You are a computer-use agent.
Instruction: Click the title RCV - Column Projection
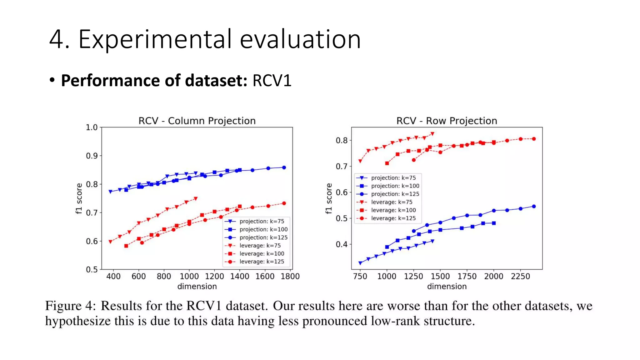[197, 121]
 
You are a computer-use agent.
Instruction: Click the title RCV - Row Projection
[447, 121]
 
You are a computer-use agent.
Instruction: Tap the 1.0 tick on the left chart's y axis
[92, 127]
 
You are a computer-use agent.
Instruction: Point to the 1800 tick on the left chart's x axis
[290, 276]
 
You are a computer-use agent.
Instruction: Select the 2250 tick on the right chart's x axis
[520, 276]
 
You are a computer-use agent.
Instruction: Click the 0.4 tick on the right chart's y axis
[342, 244]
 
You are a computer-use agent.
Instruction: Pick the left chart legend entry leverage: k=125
[262, 262]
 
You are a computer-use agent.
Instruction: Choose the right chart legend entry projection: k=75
[393, 178]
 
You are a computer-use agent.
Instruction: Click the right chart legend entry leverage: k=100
[393, 210]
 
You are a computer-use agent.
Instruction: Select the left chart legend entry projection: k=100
[263, 229]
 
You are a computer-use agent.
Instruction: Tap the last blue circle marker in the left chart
[284, 167]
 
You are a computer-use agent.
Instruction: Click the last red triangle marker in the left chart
[196, 198]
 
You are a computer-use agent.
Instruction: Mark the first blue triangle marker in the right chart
[360, 263]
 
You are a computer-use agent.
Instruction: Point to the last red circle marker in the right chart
[534, 139]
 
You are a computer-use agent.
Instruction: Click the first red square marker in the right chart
[387, 163]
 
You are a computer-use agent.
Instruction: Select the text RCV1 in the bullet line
[272, 81]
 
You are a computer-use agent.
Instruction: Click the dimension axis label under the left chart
[197, 286]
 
